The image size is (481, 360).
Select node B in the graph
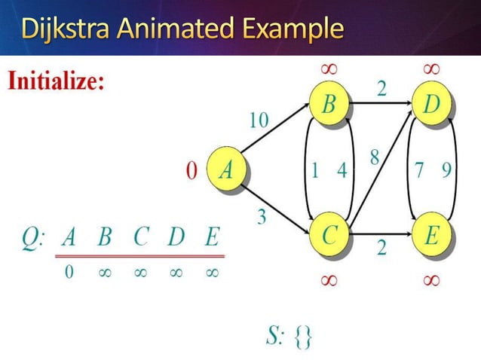[329, 105]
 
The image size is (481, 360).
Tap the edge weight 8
[374, 158]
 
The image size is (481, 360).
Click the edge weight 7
[418, 170]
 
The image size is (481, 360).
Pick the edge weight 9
[447, 170]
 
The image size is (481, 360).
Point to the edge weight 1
[314, 170]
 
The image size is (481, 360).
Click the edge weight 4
[342, 170]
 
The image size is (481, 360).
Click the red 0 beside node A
[191, 171]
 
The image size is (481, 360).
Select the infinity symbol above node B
[329, 69]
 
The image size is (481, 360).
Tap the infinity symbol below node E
[431, 279]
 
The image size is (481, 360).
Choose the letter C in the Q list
[141, 239]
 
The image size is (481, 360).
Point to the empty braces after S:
[302, 337]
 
